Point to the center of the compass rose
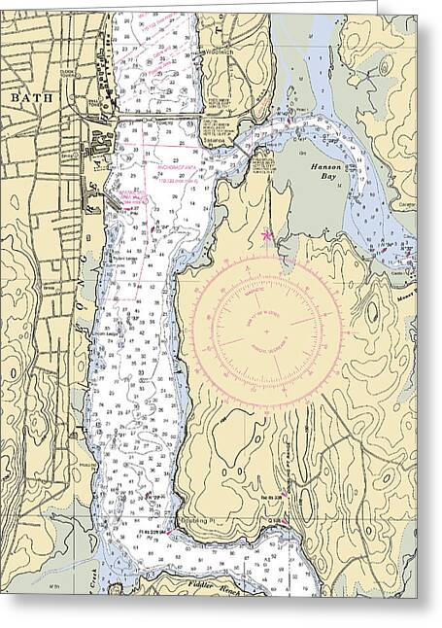[x=266, y=331]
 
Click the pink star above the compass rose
[x=268, y=234]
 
